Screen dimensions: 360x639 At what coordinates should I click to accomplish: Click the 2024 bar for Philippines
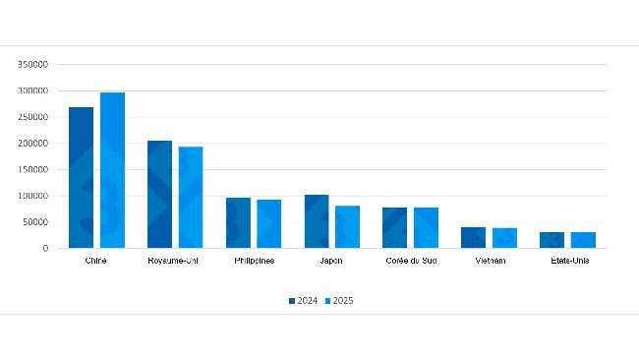point(238,222)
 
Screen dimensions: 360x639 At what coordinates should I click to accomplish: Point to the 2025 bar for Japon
point(347,226)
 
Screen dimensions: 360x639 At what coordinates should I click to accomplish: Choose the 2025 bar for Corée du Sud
point(426,227)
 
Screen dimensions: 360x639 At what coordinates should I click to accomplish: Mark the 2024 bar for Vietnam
point(473,237)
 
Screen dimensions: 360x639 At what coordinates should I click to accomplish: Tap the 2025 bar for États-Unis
point(583,240)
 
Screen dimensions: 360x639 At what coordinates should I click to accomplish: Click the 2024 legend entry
point(303,300)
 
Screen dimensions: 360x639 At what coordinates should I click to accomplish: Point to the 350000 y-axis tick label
point(33,64)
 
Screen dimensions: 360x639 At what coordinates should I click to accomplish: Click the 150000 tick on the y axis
point(33,169)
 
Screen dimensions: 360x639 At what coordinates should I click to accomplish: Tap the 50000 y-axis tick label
point(35,222)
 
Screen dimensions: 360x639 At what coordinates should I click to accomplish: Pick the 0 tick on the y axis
point(45,249)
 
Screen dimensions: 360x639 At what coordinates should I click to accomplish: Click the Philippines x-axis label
point(254,261)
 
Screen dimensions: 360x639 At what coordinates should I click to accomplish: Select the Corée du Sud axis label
point(410,261)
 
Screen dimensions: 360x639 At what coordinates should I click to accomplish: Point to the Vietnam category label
point(489,261)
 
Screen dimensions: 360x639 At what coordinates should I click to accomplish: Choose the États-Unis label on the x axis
point(567,261)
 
